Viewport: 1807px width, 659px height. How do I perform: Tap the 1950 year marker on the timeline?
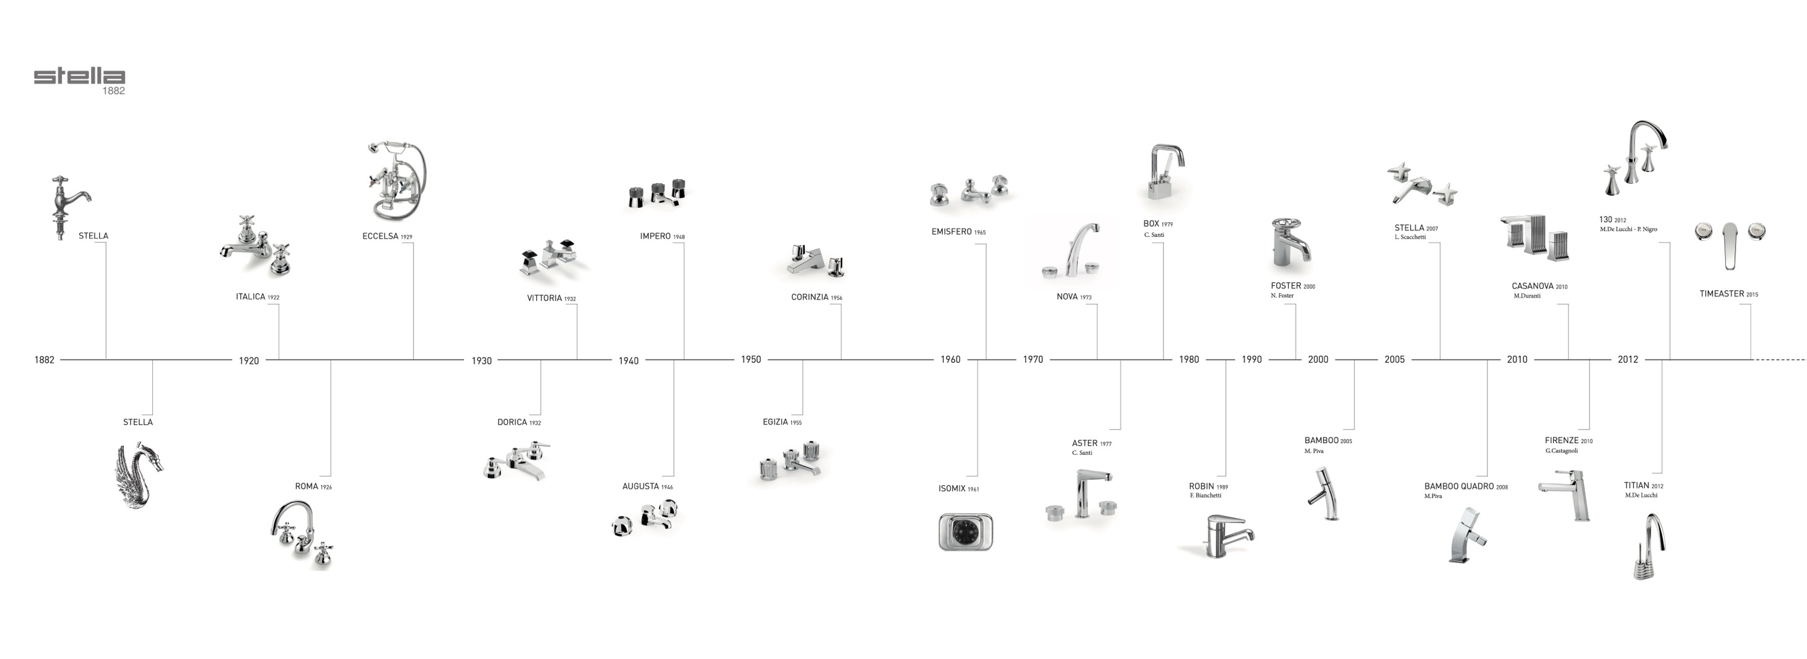[751, 360]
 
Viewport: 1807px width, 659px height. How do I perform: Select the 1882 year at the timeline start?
[44, 360]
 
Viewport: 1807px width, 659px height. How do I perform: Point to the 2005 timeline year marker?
[1394, 360]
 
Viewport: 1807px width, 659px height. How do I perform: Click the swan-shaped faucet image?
[139, 475]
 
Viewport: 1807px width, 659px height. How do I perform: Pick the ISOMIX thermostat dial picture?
[965, 532]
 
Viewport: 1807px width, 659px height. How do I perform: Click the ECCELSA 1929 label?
[387, 236]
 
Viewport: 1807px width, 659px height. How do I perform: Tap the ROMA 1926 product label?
[313, 486]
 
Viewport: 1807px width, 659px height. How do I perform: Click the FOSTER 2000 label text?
[1292, 286]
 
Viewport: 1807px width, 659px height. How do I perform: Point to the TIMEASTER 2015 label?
[1728, 295]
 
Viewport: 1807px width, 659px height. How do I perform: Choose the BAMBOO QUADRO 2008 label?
[1465, 486]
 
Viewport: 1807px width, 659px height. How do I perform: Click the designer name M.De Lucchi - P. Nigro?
[1628, 229]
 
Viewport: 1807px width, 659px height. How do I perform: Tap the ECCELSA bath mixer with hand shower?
[396, 181]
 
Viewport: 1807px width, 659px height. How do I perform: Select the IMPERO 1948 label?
[661, 236]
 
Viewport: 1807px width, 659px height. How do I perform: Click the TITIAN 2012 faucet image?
[1648, 547]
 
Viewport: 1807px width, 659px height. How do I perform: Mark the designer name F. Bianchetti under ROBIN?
[1205, 496]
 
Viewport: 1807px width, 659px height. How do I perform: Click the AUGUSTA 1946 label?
[647, 486]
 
